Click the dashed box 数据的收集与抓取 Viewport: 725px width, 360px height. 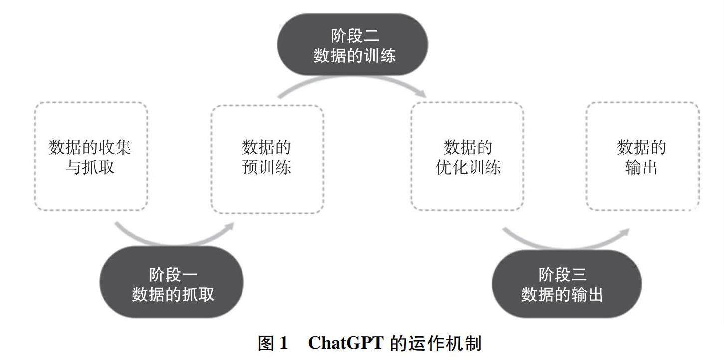pos(91,156)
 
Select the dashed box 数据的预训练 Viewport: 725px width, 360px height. pos(267,159)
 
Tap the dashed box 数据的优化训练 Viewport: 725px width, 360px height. pos(467,156)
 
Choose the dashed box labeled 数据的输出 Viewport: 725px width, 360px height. pos(642,156)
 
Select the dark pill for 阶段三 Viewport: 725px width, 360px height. pos(566,283)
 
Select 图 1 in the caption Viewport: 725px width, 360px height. pos(273,343)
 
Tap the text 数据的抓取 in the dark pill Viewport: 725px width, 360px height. pos(173,294)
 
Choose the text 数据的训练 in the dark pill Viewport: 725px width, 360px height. pos(354,55)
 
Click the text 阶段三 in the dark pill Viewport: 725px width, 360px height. pos(562,274)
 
